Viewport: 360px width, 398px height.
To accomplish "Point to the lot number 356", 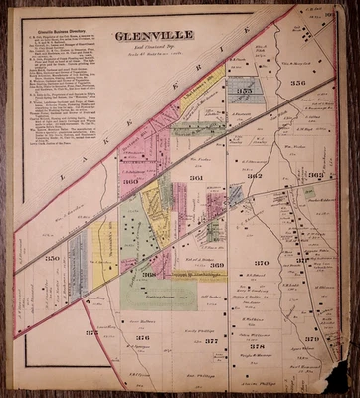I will [x=298, y=83].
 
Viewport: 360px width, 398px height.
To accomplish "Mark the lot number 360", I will [x=130, y=182].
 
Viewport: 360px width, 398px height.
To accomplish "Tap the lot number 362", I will [x=254, y=176].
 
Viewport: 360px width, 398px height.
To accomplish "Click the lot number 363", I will [x=315, y=175].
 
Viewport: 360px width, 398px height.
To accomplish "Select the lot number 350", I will [x=52, y=258].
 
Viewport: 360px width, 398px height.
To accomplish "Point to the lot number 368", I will [x=149, y=274].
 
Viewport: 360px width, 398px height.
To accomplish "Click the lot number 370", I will [x=261, y=263].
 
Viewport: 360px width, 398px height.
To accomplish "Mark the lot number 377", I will [x=210, y=341].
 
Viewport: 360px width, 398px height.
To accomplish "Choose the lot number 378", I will [x=258, y=345].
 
